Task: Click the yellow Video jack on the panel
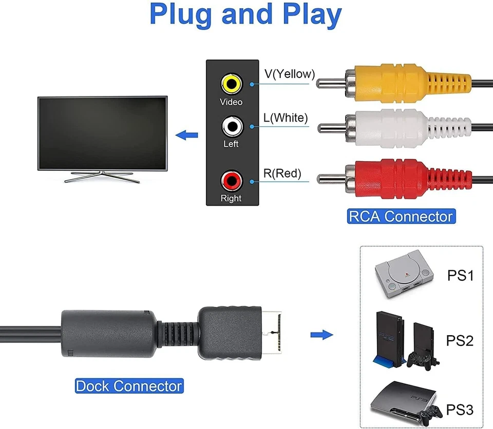pos(231,83)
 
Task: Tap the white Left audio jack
pos(231,125)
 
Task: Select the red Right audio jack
pos(231,180)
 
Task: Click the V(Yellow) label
pos(290,74)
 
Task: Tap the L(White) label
pos(286,118)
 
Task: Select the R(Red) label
pos(282,173)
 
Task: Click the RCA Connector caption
pos(401,216)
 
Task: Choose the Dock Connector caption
pos(129,386)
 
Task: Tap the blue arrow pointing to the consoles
pos(322,335)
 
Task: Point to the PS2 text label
pos(460,340)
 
